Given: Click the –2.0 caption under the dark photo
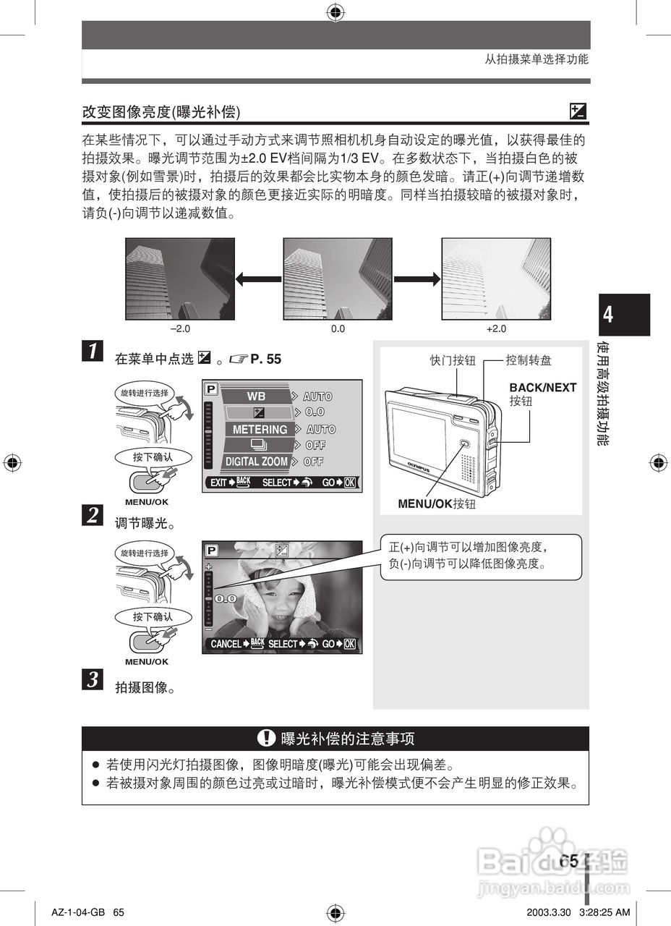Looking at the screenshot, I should click(179, 328).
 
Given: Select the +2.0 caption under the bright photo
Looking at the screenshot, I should click(496, 328).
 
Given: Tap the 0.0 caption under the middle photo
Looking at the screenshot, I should click(338, 328).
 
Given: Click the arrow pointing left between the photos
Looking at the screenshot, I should click(259, 279).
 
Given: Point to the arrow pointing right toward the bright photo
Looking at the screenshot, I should click(416, 279).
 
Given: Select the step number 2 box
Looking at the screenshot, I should click(93, 515).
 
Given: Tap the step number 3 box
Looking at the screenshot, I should click(93, 680).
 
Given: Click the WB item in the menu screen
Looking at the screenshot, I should click(256, 396).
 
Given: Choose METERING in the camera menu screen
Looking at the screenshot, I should click(260, 429).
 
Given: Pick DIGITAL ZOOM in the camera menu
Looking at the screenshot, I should click(256, 462).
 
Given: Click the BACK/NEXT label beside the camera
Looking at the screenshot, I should click(542, 388).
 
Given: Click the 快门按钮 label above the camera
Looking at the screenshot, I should click(453, 360).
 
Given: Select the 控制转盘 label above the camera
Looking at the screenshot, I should click(529, 360).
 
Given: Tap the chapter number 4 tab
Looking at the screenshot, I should click(609, 315).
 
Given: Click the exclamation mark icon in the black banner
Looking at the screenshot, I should click(266, 739).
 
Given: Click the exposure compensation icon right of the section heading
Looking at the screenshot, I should click(578, 111).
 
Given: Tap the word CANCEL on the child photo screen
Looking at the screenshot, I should click(226, 644).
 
